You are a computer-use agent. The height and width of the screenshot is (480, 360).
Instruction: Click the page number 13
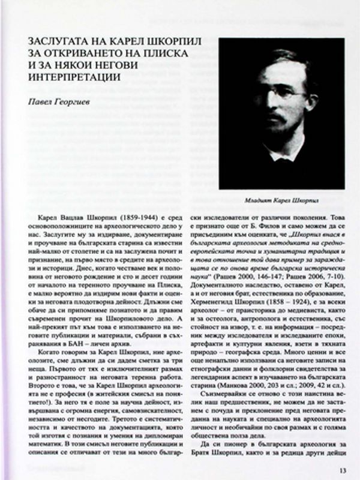[x=342, y=470]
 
